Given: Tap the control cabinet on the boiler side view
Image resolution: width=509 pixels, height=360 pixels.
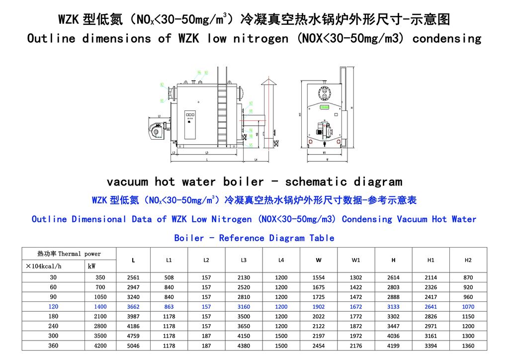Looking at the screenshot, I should click(190, 124).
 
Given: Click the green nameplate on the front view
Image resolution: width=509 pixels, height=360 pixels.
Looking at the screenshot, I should click(325, 106).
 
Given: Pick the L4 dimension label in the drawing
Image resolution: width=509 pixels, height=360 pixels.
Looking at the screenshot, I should click(255, 160).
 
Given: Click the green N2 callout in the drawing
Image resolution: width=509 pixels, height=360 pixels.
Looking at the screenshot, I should click(162, 85).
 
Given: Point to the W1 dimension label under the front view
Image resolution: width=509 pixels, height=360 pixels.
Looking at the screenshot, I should click(324, 153).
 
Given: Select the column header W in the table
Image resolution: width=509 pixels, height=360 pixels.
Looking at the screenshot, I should click(319, 260).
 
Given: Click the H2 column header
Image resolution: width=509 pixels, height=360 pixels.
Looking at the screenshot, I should click(468, 260).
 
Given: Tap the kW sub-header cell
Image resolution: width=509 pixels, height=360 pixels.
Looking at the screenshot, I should click(91, 267).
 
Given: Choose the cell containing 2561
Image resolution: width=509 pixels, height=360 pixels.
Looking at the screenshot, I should click(133, 277).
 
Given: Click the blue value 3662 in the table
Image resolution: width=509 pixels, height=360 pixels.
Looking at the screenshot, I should click(133, 307).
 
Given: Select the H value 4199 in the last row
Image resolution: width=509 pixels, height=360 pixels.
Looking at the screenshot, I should click(393, 346).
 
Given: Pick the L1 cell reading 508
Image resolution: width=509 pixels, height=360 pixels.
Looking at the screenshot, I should click(169, 277).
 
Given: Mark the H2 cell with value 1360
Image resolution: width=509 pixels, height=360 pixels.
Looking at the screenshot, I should click(468, 346).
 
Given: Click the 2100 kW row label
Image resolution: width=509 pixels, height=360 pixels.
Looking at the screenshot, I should click(100, 317).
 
